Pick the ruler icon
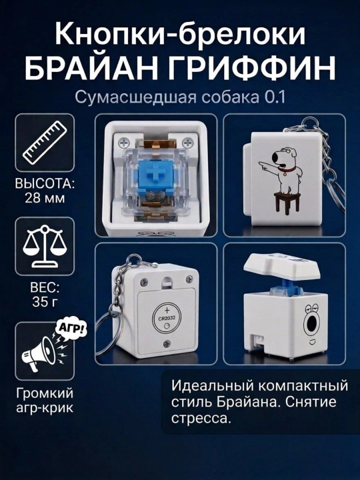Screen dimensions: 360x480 pyautogui.click(x=45, y=142)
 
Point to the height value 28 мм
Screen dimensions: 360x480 pyautogui.click(x=45, y=199)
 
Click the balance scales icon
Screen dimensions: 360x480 pyautogui.click(x=45, y=246)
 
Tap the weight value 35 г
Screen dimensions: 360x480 pyautogui.click(x=45, y=302)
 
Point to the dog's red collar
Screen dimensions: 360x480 pyautogui.click(x=289, y=167)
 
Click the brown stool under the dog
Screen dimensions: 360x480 pyautogui.click(x=287, y=203)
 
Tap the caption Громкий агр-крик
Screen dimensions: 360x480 pyautogui.click(x=45, y=401)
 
